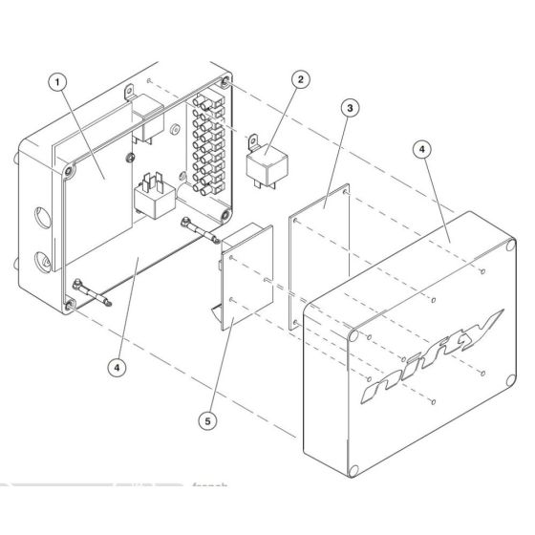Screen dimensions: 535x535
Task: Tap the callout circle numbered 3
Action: tap(350, 108)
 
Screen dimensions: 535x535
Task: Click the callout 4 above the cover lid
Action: tap(420, 150)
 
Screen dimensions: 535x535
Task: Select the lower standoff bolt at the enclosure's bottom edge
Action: tap(93, 291)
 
